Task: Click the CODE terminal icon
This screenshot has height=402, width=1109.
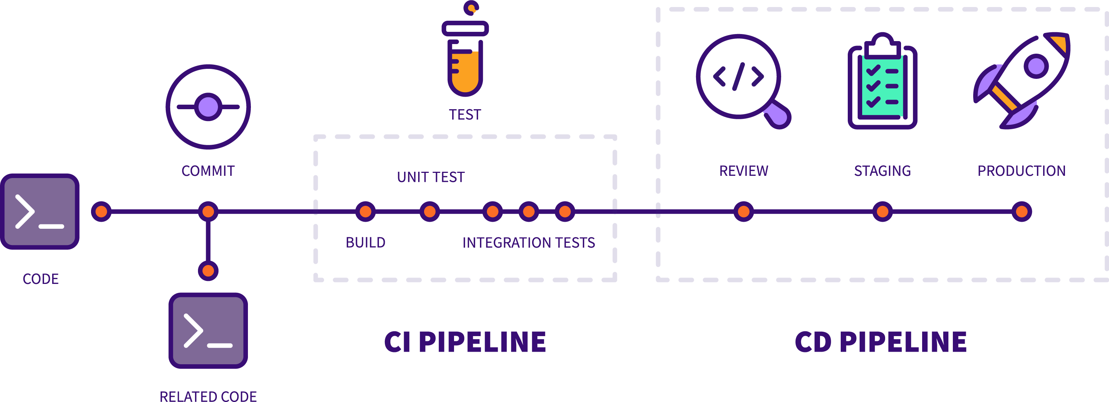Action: [40, 212]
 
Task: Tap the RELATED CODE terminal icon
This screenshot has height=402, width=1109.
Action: [208, 331]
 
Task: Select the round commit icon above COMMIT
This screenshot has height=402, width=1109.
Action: [208, 107]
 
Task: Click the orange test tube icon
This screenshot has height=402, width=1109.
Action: [465, 56]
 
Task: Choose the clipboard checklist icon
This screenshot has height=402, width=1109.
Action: [882, 82]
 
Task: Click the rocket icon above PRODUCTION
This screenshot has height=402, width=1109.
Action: [1022, 80]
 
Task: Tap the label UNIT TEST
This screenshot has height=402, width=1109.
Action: [430, 177]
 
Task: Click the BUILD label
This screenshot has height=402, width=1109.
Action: [366, 242]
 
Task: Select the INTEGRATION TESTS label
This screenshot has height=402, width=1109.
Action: [529, 242]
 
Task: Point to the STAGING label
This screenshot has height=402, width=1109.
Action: [882, 171]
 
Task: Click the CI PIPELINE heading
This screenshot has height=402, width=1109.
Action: [465, 342]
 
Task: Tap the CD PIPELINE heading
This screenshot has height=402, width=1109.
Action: [881, 342]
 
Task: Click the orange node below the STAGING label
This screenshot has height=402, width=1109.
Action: [882, 212]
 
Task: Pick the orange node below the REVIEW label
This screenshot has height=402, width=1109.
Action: [743, 212]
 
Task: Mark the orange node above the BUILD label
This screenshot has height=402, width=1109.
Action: [366, 212]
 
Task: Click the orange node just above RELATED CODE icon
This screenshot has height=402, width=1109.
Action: [208, 271]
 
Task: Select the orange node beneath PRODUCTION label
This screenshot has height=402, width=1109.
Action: [1022, 212]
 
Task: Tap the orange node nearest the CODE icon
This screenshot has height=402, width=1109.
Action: [101, 212]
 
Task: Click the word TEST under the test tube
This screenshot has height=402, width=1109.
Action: [465, 115]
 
